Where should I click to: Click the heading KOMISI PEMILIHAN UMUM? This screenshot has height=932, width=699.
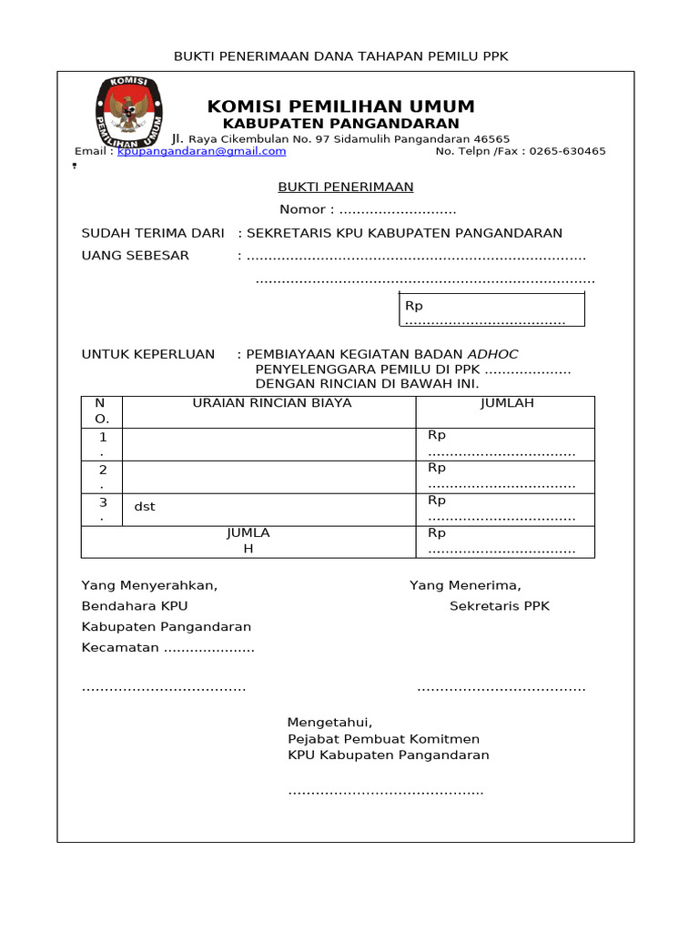[x=341, y=106]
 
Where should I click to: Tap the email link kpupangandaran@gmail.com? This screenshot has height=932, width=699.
[x=202, y=152]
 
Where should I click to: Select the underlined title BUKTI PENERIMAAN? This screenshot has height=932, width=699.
[x=346, y=187]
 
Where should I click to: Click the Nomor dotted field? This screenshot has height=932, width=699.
[x=398, y=210]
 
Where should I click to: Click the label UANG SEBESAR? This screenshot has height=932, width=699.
[x=136, y=256]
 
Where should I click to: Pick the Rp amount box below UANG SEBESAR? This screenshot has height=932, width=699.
[x=491, y=309]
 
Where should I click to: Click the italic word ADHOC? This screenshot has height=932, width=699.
[x=492, y=354]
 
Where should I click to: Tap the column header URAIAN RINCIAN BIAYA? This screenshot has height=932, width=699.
[x=270, y=402]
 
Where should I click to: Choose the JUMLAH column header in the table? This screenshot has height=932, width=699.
[x=507, y=402]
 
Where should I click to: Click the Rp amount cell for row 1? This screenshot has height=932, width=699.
[x=502, y=444]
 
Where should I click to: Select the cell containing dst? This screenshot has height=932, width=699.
[x=145, y=507]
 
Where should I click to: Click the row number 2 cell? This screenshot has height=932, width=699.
[x=103, y=476]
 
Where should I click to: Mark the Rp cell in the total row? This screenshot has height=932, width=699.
[x=502, y=541]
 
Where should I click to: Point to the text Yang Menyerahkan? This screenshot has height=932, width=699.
[x=149, y=585]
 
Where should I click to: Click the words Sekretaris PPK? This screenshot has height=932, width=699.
[x=500, y=606]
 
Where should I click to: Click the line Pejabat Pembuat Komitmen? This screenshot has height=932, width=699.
[x=383, y=739]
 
